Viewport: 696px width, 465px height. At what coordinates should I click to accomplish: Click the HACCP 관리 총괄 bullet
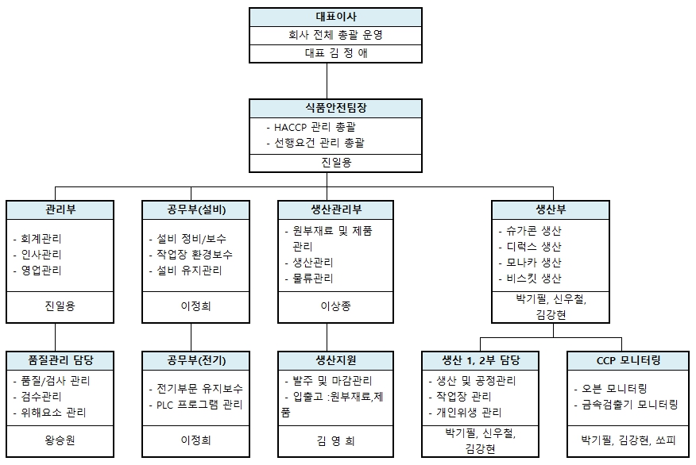pos(315,127)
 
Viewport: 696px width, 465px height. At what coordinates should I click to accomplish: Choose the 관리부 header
pos(56,210)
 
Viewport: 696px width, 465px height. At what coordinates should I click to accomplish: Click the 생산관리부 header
pos(335,210)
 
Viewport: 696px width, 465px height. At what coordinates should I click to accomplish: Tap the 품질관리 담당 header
pos(56,360)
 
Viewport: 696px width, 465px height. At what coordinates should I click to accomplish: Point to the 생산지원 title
pos(335,360)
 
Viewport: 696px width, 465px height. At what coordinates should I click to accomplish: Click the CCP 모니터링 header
pos(628,360)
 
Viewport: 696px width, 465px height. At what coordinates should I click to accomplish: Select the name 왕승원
pos(56,439)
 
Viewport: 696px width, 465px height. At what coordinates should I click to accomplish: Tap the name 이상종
pos(335,306)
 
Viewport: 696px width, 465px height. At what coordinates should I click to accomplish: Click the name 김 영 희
pos(335,439)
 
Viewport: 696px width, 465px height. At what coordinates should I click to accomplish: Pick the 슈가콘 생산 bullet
pos(534,231)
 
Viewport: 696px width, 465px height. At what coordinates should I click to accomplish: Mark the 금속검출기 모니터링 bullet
pos(629,405)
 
